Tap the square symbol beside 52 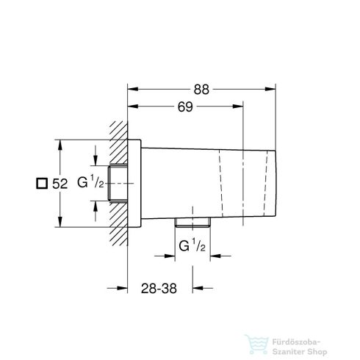coord(43,184)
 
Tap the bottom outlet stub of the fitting coord(192,223)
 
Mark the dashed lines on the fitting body coord(219,184)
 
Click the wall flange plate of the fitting coord(136,184)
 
